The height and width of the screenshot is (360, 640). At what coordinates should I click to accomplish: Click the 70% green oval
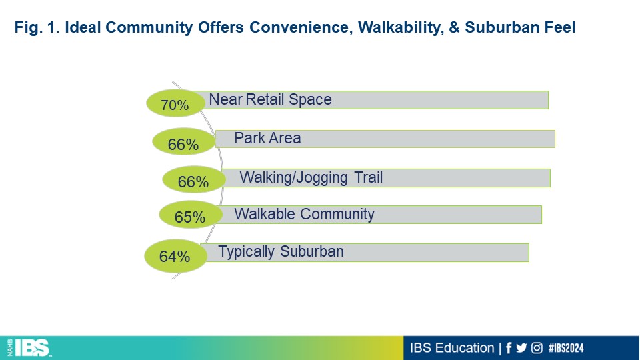click(175, 103)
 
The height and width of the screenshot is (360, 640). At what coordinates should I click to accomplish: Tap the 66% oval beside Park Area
click(184, 141)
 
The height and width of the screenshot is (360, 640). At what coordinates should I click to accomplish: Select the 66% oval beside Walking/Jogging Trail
click(194, 179)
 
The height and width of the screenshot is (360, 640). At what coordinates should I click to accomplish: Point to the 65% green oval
click(191, 214)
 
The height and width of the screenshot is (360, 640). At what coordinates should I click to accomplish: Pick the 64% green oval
click(176, 256)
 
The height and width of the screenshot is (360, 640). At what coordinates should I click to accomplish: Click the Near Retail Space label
click(270, 99)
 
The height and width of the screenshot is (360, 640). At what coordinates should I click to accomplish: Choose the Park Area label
click(267, 139)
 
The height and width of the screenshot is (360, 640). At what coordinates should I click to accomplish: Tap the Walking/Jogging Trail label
click(311, 177)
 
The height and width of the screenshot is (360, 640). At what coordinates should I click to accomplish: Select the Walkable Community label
click(304, 214)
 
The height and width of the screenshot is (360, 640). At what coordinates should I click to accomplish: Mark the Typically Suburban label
click(281, 252)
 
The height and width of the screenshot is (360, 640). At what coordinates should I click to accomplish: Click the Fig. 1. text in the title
click(37, 28)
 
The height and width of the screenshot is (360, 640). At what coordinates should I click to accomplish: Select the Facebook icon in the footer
click(509, 348)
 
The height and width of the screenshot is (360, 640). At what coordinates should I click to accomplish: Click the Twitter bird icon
click(521, 348)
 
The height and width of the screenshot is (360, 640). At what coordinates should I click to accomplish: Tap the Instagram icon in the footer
click(537, 348)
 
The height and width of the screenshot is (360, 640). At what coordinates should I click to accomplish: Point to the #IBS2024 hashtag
click(566, 348)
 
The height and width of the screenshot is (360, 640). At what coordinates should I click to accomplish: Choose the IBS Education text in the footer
click(452, 348)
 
